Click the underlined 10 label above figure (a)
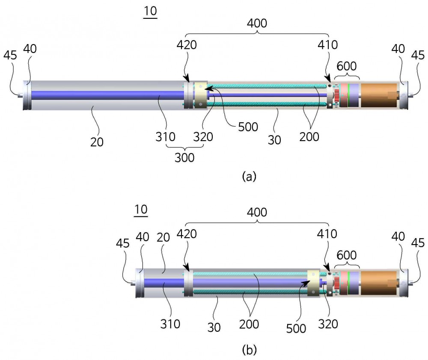tap(150, 12)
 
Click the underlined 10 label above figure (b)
tap(141, 210)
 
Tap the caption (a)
tap(249, 176)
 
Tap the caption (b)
tap(249, 350)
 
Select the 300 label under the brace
tap(184, 158)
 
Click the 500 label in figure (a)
tap(248, 127)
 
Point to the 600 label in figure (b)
tap(347, 255)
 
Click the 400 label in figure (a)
tap(257, 24)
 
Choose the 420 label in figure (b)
tap(187, 234)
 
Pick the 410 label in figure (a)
tap(327, 45)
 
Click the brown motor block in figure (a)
tap(379, 95)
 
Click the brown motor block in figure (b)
tap(379, 283)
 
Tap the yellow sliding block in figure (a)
tap(200, 95)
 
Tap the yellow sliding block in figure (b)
tap(313, 283)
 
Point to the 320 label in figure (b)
tap(328, 324)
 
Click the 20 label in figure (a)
tap(97, 142)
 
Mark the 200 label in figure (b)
tap(249, 324)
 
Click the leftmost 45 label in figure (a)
tap(10, 55)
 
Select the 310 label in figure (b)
tap(170, 324)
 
